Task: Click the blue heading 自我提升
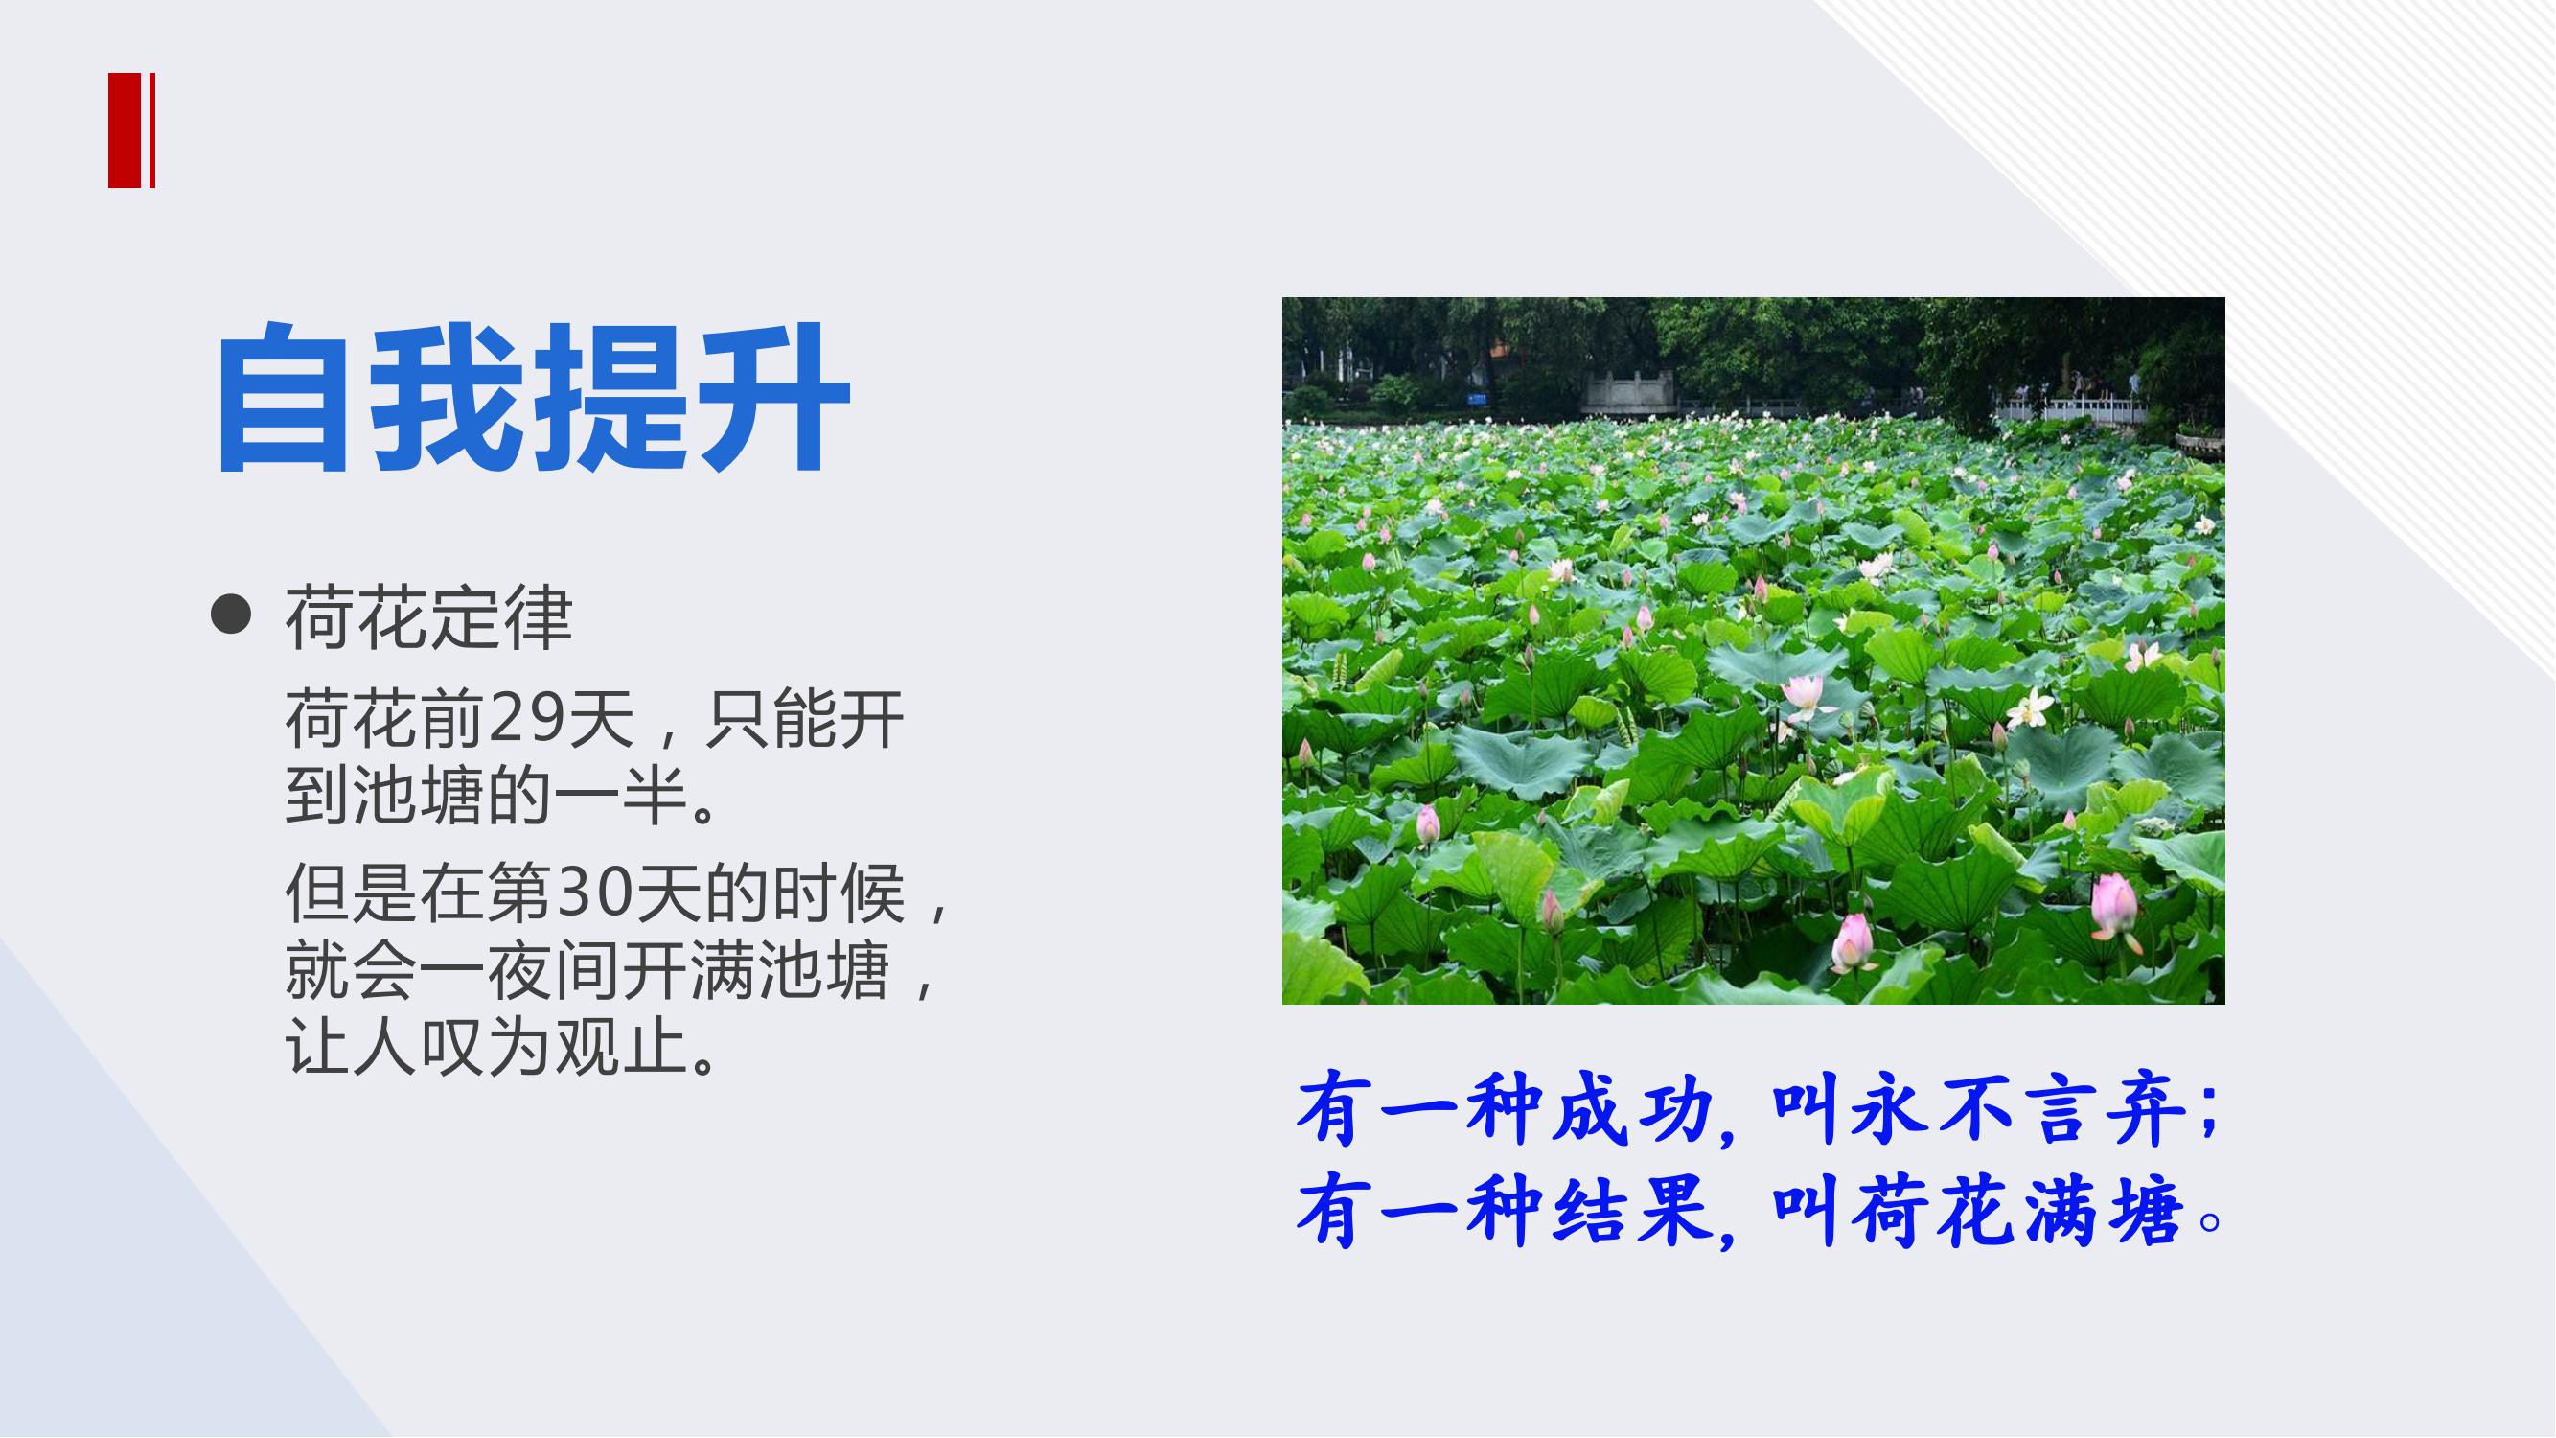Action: tap(533, 397)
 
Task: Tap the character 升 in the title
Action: tap(771, 397)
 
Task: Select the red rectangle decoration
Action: tap(131, 130)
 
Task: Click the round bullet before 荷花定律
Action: tap(231, 615)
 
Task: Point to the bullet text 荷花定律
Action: tap(428, 617)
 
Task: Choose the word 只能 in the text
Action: tap(771, 718)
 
